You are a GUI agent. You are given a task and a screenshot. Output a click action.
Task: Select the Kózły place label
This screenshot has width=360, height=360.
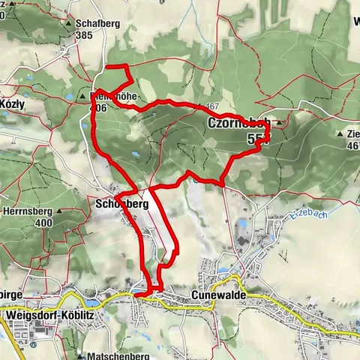pyautogui.click(x=13, y=106)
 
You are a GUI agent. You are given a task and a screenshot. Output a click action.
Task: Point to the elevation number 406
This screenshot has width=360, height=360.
pyautogui.click(x=100, y=108)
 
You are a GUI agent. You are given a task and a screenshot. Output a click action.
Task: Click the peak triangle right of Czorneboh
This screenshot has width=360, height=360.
pyautogui.click(x=279, y=122)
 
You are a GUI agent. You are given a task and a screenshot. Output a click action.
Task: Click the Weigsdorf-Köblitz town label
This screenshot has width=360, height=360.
pyautogui.click(x=49, y=315)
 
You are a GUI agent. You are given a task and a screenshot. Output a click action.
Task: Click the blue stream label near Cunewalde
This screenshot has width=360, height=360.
pyautogui.click(x=298, y=218)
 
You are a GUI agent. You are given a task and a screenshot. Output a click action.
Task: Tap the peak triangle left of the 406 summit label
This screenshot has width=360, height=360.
pyautogui.click(x=83, y=97)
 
